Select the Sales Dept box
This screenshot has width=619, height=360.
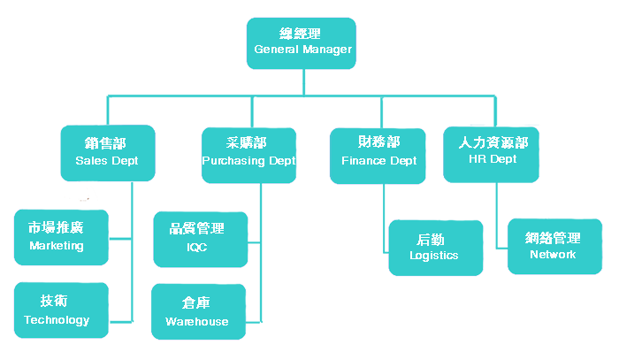click(x=107, y=153)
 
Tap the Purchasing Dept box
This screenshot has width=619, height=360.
click(x=248, y=153)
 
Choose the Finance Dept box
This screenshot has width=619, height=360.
click(x=378, y=153)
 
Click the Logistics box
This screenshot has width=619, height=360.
click(x=435, y=248)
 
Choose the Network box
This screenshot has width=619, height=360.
click(x=553, y=246)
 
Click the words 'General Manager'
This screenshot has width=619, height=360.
click(x=302, y=50)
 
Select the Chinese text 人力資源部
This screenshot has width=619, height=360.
click(x=493, y=142)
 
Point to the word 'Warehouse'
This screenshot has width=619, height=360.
click(x=196, y=322)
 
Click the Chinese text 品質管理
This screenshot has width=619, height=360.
click(x=196, y=228)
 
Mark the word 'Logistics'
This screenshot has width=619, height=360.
click(x=434, y=256)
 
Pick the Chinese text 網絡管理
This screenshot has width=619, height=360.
click(x=553, y=238)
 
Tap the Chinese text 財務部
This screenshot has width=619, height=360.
click(x=378, y=143)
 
